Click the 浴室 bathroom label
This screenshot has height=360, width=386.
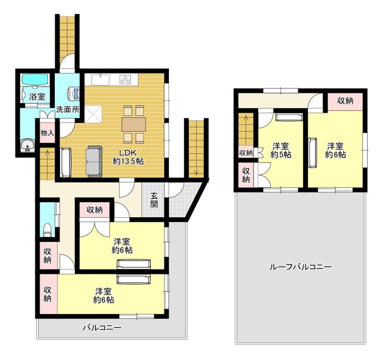37,96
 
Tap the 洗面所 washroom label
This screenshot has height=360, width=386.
68,109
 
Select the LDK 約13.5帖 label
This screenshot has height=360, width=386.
128,157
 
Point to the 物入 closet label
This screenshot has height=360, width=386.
47,133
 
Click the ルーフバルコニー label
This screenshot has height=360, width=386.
300,267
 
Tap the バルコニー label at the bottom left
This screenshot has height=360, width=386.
102,328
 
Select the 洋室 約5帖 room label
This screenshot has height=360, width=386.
281,151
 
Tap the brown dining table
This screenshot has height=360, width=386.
134,124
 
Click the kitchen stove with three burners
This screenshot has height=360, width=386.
126,79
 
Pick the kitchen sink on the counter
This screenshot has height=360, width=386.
101,80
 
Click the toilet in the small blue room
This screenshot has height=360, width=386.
47,230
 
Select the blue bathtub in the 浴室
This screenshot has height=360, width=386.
35,80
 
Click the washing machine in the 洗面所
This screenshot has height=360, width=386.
74,94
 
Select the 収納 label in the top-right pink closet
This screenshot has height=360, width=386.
345,101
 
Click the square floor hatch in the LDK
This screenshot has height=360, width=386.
93,114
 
